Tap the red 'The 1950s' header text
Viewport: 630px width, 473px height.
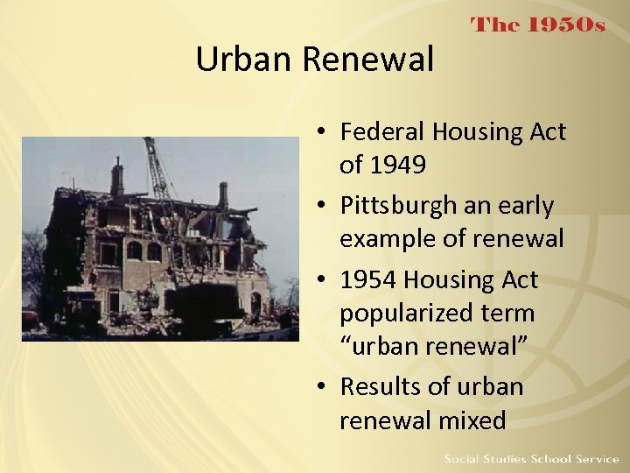click(538, 25)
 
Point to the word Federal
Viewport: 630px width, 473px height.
click(381, 132)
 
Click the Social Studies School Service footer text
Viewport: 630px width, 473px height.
click(531, 459)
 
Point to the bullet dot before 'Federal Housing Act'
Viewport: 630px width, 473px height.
click(323, 133)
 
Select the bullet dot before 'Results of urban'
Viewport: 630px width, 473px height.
click(323, 387)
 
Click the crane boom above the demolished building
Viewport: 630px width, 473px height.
click(157, 171)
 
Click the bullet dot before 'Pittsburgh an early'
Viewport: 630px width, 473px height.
click(323, 207)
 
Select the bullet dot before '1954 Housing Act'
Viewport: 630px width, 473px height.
click(323, 281)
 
